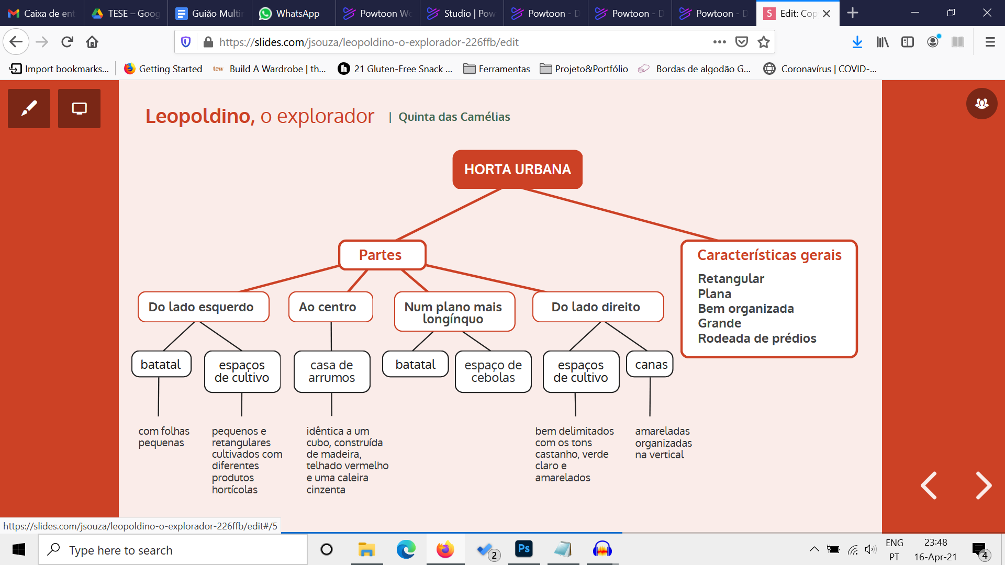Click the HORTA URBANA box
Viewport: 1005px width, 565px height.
tap(517, 169)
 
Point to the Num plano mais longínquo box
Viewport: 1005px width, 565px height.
tap(454, 312)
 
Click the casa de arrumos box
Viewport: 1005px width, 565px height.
tap(332, 371)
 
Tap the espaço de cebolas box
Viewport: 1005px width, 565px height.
tap(493, 371)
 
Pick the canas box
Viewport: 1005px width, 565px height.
tap(651, 365)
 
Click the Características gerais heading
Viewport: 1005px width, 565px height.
tap(769, 255)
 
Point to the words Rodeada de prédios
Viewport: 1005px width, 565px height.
tap(757, 338)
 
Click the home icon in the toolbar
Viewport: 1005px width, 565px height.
tap(92, 42)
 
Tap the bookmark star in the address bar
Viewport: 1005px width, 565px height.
tap(764, 42)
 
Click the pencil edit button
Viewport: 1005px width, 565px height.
tap(29, 109)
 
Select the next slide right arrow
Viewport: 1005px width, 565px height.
tap(983, 485)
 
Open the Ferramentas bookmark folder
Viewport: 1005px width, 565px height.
tap(497, 69)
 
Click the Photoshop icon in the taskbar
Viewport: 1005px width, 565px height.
tap(523, 549)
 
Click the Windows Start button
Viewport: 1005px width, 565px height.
tap(19, 550)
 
